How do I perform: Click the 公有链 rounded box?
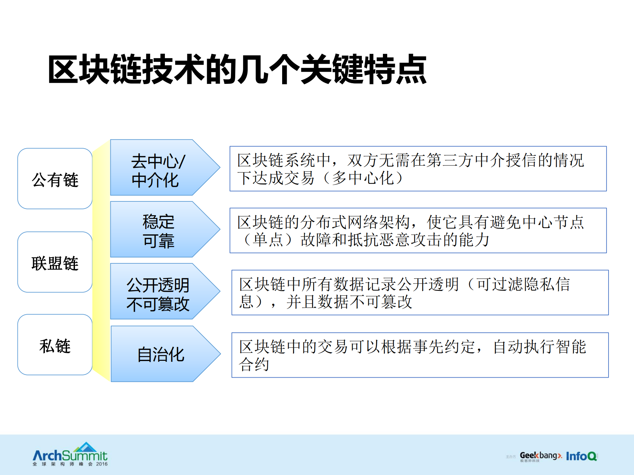(x=55, y=179)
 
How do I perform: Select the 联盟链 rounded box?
(x=55, y=262)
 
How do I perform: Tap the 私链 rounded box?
(x=55, y=345)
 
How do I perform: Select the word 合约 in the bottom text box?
(x=254, y=364)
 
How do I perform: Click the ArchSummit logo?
(x=70, y=454)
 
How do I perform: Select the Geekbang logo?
(x=540, y=456)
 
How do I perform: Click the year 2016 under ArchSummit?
(x=102, y=464)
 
